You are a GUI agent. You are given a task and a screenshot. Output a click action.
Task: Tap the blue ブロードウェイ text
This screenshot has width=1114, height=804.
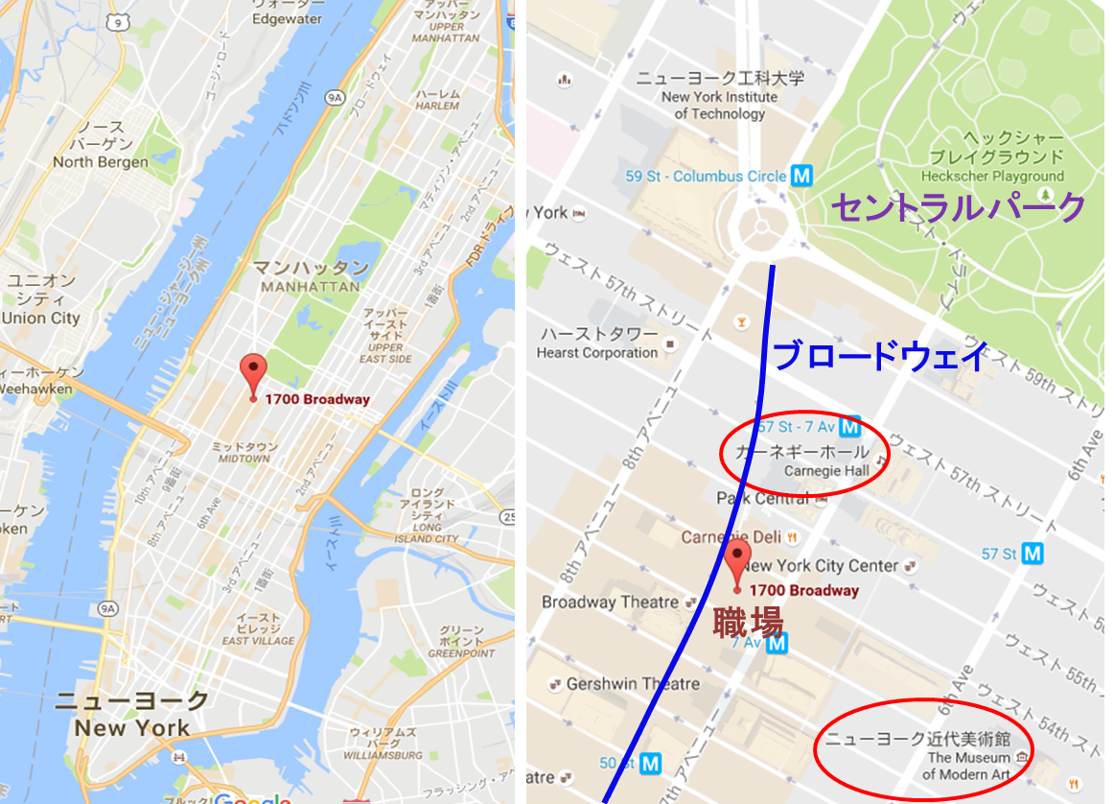879,357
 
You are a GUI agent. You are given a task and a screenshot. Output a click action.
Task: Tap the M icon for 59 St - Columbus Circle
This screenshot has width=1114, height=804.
802,176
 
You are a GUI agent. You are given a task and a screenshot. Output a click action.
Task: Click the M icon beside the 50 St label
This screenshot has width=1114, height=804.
651,764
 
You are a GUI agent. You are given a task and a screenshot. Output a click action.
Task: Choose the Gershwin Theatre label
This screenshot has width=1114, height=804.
633,684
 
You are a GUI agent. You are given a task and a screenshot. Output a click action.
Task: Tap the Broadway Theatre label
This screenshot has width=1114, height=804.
611,603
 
